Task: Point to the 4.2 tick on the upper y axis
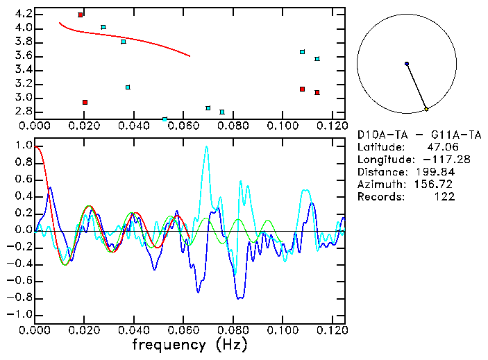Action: pyautogui.click(x=23, y=14)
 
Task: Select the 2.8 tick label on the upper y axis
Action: pyautogui.click(x=23, y=112)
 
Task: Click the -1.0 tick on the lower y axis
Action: pyautogui.click(x=19, y=314)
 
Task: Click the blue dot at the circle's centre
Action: pyautogui.click(x=407, y=64)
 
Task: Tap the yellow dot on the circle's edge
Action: pyautogui.click(x=426, y=109)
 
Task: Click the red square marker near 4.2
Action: pyautogui.click(x=81, y=15)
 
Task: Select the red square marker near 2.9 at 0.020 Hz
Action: pyautogui.click(x=85, y=102)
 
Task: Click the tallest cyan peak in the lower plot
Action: pyautogui.click(x=206, y=147)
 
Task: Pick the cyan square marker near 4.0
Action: pyautogui.click(x=103, y=27)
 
